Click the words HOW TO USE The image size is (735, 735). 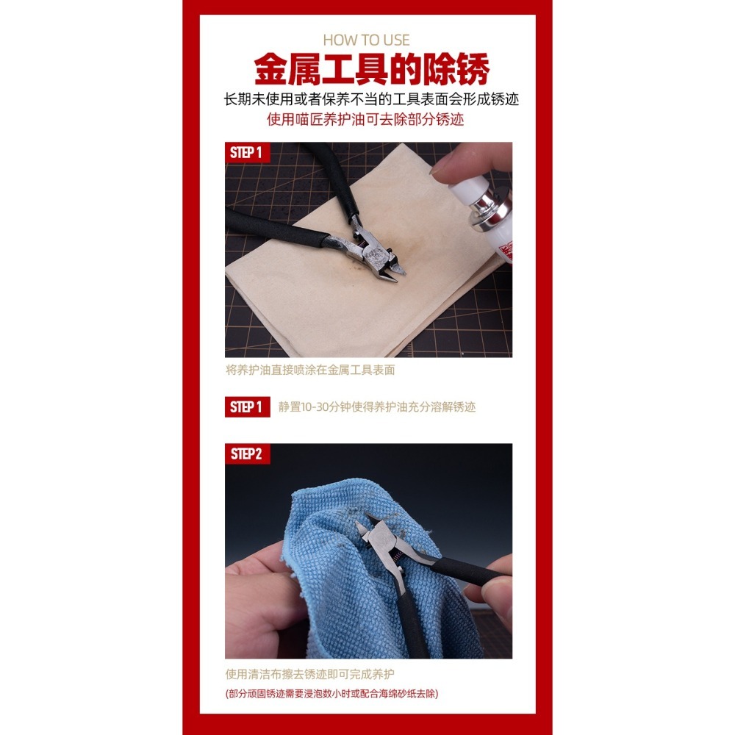tap(367, 40)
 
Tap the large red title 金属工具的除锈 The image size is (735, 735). tap(371, 70)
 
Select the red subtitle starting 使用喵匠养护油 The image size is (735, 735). tap(365, 119)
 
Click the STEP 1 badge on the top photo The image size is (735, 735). tap(246, 153)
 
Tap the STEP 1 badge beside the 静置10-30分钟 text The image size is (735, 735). tap(246, 407)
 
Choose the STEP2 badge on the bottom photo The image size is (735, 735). tap(246, 453)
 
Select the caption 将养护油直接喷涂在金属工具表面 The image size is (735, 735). tap(309, 370)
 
